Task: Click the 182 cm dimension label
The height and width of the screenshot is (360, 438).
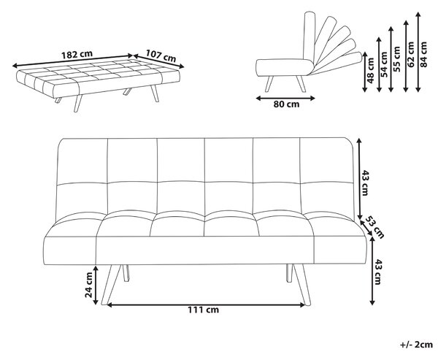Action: pyautogui.click(x=77, y=54)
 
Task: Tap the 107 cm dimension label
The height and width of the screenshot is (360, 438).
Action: pyautogui.click(x=161, y=55)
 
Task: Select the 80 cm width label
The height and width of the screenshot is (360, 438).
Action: pyautogui.click(x=286, y=104)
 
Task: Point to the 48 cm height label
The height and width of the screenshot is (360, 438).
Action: pyautogui.click(x=370, y=71)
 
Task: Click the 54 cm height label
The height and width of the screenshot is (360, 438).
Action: pyautogui.click(x=385, y=64)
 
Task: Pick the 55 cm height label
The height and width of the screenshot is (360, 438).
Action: pyautogui.click(x=396, y=59)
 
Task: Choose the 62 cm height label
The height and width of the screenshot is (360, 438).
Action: pyautogui.click(x=411, y=55)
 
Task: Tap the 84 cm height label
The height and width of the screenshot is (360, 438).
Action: pyautogui.click(x=423, y=54)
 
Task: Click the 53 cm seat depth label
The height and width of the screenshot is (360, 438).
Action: pyautogui.click(x=375, y=227)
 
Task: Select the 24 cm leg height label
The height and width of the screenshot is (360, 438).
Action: pyautogui.click(x=89, y=285)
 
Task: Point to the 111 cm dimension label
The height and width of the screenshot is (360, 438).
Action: pyautogui.click(x=203, y=310)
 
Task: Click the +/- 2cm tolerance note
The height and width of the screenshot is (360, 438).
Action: pyautogui.click(x=416, y=345)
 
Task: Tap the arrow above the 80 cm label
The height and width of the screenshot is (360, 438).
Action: pyautogui.click(x=285, y=98)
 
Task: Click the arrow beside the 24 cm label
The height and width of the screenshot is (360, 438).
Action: pyautogui.click(x=96, y=285)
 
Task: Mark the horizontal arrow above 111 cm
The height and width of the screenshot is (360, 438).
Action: pyautogui.click(x=206, y=305)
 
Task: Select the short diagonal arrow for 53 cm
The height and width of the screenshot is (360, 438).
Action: pyautogui.click(x=366, y=228)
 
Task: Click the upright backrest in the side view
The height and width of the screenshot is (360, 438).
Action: pyautogui.click(x=309, y=37)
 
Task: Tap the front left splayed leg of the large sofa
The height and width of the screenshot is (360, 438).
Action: pyautogui.click(x=111, y=285)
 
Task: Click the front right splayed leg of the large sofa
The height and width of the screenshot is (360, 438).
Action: pyautogui.click(x=301, y=285)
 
